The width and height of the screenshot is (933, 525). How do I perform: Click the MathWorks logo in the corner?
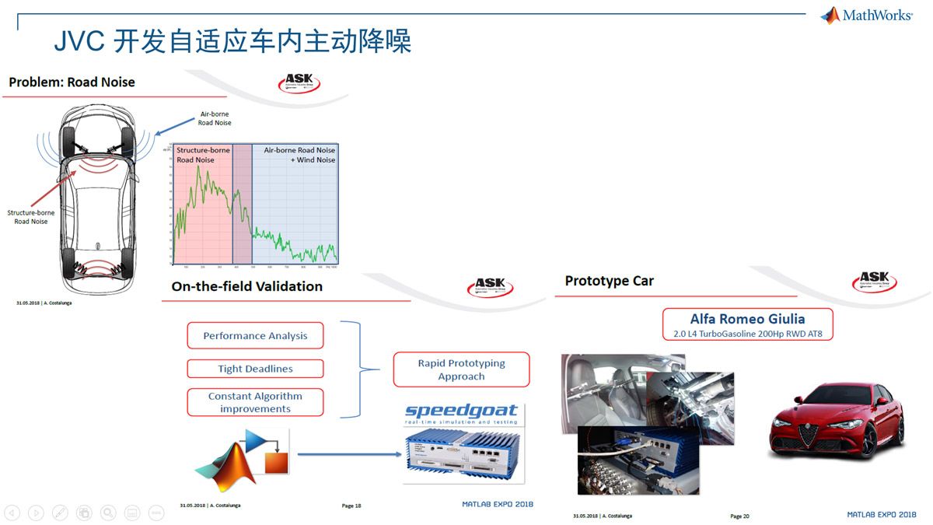pos(866,15)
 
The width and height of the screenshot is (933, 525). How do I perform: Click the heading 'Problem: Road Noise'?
pos(72,82)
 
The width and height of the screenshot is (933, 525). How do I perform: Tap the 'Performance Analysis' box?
pos(255,336)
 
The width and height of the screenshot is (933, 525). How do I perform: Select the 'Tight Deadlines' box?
pos(255,369)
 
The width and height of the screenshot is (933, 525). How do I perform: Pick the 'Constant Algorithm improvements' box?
pos(255,402)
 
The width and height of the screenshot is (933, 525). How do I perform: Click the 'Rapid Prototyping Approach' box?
pos(461,369)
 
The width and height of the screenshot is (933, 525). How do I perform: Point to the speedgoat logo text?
pos(461,411)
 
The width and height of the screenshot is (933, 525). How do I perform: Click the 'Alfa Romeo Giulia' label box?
pos(747,324)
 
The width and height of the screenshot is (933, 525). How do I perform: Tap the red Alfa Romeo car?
pos(836,421)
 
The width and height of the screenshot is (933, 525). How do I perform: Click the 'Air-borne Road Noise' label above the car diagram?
pos(214,118)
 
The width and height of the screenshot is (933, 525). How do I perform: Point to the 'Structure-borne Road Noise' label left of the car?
pos(30,217)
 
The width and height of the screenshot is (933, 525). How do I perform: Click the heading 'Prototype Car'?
pos(609,281)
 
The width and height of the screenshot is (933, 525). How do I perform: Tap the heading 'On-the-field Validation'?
pos(246,286)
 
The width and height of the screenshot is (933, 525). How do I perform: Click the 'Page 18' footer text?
pos(351,506)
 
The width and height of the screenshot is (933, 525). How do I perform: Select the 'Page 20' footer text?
pos(739,516)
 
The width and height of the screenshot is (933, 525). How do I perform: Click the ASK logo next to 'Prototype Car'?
pos(875,281)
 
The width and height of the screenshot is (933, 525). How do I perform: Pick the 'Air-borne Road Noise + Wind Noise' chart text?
pos(299,155)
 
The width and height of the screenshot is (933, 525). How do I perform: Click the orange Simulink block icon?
pos(276,463)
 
